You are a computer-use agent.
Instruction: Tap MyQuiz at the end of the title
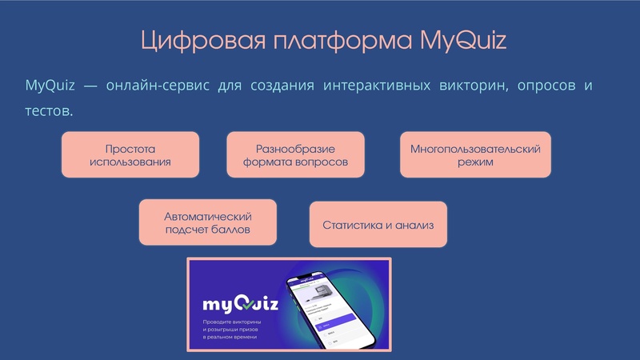click(464, 41)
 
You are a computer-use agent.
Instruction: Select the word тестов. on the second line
click(49, 110)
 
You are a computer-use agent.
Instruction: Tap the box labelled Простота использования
click(130, 155)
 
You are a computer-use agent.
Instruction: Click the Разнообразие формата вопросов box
click(295, 155)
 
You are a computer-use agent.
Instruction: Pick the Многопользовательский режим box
click(475, 155)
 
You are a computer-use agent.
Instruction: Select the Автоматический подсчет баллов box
click(207, 222)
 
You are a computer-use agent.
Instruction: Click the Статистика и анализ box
click(378, 225)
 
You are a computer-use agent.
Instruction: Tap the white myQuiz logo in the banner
click(239, 304)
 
